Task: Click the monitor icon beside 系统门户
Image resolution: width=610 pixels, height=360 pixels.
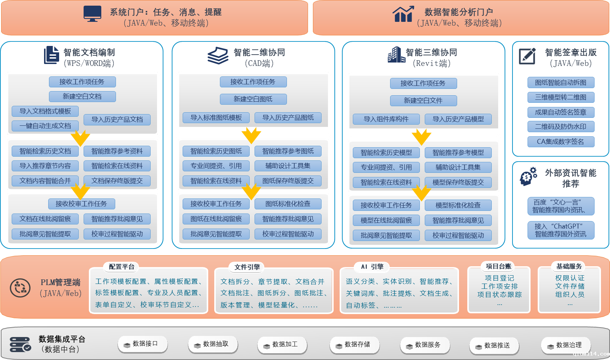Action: coord(92,14)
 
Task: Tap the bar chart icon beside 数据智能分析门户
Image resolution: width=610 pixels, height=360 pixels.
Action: coord(403,14)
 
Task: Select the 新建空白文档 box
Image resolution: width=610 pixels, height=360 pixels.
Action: coord(82,96)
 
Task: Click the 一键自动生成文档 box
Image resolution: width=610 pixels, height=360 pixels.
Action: coord(45,126)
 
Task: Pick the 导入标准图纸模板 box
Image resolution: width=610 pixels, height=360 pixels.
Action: coord(216,117)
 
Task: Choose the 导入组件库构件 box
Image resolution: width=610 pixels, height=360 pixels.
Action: coord(386,119)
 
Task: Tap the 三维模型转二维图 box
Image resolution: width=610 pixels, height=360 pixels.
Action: coord(561,97)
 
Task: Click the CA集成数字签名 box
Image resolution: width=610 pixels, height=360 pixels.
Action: coord(561,142)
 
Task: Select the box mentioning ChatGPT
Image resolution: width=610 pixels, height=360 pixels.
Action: coord(561,230)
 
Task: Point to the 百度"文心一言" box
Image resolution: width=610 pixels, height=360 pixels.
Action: coord(561,206)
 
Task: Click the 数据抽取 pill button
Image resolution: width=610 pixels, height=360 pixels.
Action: coord(213,344)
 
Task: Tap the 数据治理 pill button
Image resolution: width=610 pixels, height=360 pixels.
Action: coord(566,345)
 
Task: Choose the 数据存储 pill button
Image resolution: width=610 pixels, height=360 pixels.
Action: coord(354,345)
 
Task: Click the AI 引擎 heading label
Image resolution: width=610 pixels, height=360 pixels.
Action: coord(372,267)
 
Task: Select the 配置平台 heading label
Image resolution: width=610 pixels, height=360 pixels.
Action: coord(121,267)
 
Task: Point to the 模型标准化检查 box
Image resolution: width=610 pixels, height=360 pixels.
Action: coord(458,205)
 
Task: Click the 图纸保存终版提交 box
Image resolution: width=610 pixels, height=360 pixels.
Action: coord(288,181)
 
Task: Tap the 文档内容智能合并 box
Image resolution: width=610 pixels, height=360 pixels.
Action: coord(45,181)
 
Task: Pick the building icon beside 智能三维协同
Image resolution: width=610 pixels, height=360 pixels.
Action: coord(396,55)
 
